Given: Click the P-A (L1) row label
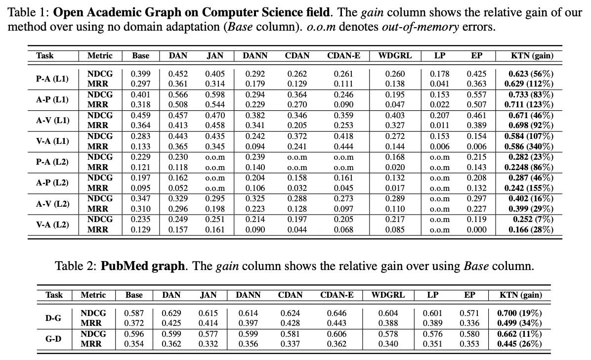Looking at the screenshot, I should point(52,79).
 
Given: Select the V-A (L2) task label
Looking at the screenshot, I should point(52,224).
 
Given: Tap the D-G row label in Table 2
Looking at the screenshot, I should point(53,318).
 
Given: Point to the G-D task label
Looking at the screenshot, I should point(53,339).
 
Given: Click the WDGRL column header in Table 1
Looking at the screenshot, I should point(395,56).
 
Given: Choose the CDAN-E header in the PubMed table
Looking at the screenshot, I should point(337,295).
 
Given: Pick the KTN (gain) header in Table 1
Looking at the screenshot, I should point(532,56).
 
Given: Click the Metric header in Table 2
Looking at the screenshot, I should point(93,295).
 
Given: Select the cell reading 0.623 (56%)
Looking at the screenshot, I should point(531,74).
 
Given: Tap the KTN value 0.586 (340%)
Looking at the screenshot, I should point(529,146).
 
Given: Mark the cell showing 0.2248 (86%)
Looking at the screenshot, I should point(529,167).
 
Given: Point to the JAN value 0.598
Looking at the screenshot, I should point(215,94).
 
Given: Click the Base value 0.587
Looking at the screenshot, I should point(134,313).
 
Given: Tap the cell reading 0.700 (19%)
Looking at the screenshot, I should point(519,313).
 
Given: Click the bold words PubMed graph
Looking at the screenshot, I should point(143,266).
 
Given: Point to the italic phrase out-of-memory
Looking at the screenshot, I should point(420,26).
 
